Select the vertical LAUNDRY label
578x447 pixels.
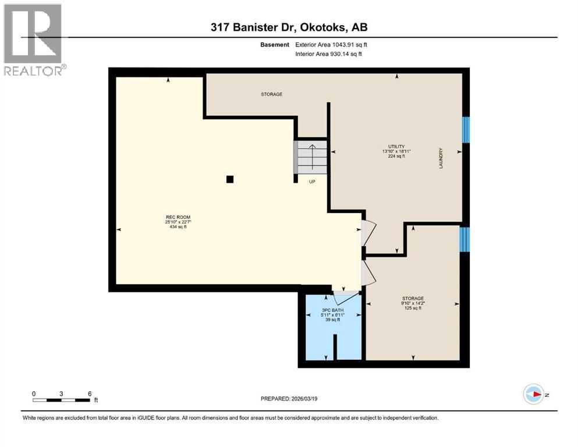441,158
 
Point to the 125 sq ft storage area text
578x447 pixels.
412,308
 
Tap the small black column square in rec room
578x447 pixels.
230,179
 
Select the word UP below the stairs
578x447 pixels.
312,182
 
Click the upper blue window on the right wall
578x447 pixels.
466,129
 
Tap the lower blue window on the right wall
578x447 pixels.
464,239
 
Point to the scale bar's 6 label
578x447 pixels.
90,393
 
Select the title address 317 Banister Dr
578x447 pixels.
257,27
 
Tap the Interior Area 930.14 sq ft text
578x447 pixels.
329,54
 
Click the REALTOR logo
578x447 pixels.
33,39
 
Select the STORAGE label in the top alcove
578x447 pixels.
271,94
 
